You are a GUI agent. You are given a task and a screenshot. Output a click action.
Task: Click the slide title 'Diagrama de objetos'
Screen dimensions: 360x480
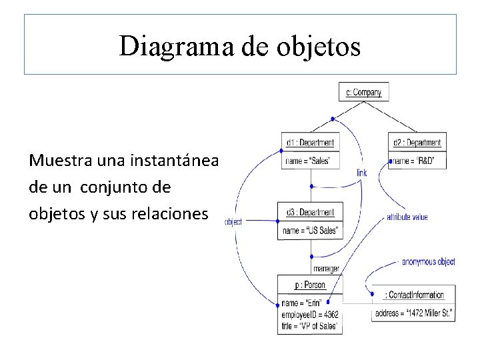click(x=240, y=46)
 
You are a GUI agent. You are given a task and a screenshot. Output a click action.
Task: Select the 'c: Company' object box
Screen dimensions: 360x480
click(x=363, y=92)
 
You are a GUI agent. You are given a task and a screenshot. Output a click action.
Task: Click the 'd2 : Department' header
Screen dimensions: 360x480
click(x=417, y=143)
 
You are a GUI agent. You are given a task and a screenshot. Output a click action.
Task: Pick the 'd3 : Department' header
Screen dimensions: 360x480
click(x=310, y=213)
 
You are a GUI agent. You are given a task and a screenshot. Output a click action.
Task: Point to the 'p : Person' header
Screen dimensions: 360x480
click(x=310, y=285)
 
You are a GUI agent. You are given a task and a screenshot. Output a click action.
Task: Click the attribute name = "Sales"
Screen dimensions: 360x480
click(x=307, y=161)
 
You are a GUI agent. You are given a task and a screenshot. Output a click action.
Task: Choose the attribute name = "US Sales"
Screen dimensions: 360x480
click(x=311, y=231)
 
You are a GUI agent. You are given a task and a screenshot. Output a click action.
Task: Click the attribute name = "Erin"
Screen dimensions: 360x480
click(x=303, y=304)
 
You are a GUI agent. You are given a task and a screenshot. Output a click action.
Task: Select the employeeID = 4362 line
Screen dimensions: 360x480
click(x=310, y=315)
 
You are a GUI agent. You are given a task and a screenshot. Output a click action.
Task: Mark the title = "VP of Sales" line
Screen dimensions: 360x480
click(x=310, y=325)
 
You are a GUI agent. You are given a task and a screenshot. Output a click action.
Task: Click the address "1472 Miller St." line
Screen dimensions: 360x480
click(x=413, y=313)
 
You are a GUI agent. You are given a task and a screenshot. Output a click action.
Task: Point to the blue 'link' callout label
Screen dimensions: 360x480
click(x=361, y=173)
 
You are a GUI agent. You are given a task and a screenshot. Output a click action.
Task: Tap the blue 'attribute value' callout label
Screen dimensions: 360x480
click(x=407, y=217)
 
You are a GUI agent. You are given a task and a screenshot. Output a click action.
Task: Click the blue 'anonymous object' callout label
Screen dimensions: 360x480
click(x=428, y=262)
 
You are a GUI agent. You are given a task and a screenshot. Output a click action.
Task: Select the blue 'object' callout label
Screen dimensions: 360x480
click(x=233, y=221)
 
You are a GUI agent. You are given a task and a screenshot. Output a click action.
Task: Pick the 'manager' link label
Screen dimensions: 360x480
click(x=326, y=269)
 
